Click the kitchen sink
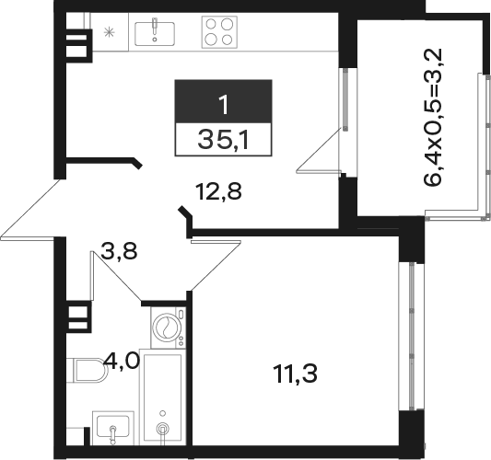155,34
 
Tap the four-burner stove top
219,32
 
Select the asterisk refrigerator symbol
109,32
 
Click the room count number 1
224,105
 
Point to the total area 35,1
223,140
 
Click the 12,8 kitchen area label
218,191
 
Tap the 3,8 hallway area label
119,251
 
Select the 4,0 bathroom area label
123,361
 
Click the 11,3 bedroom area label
296,374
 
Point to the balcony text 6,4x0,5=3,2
433,118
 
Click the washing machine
169,328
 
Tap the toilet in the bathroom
87,370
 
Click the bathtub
162,397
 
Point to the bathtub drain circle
162,428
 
